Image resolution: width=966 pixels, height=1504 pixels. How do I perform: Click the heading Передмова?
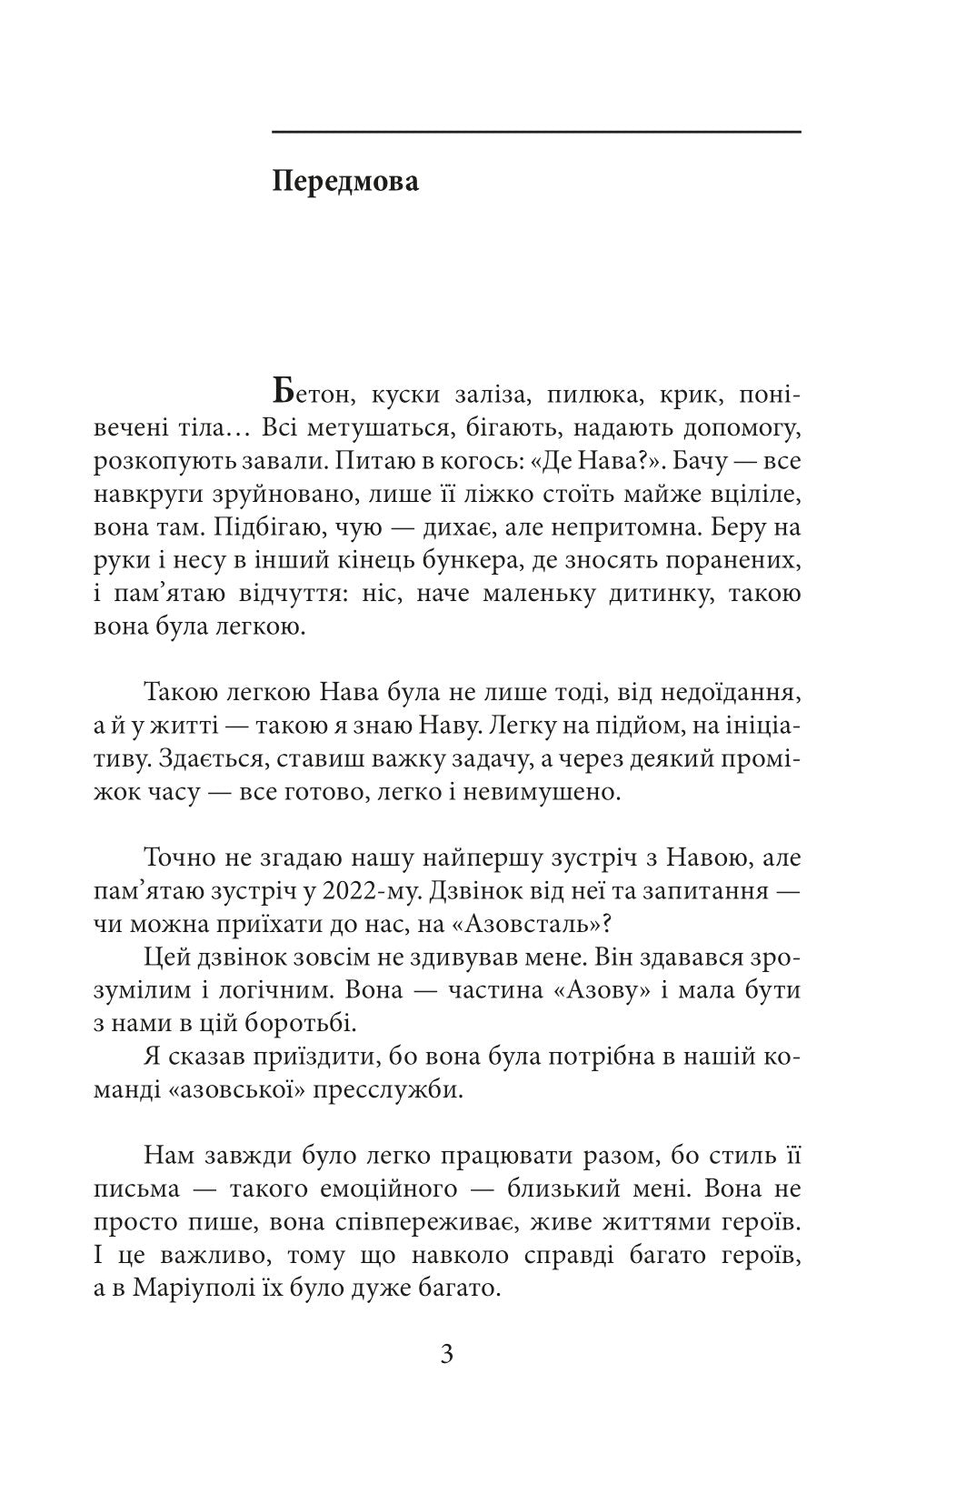pyautogui.click(x=345, y=182)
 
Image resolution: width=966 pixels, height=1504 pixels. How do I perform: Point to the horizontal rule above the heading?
pyautogui.click(x=536, y=133)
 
